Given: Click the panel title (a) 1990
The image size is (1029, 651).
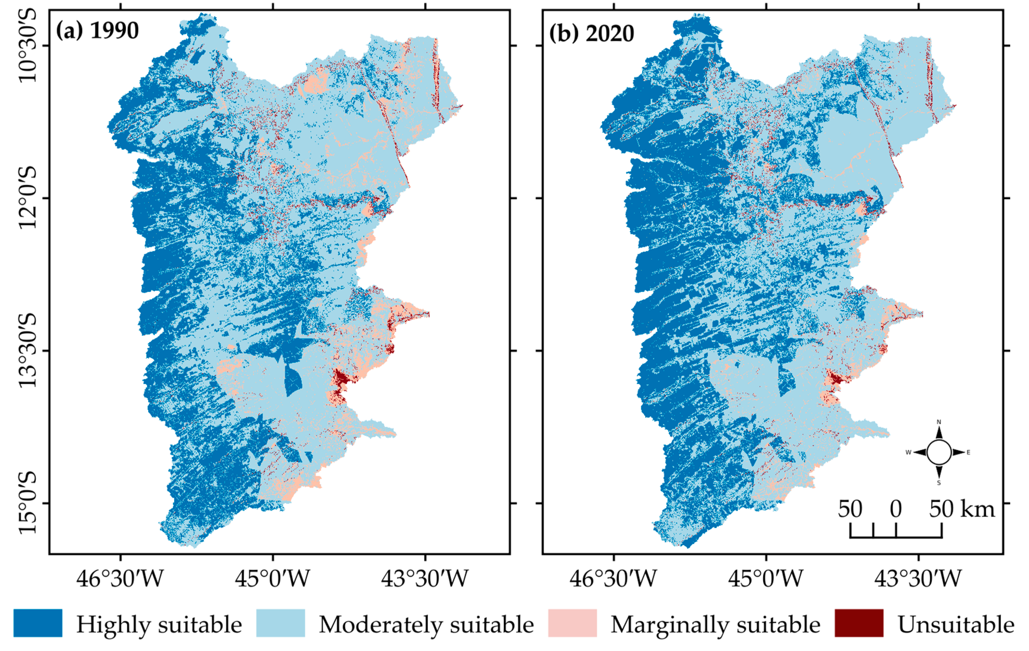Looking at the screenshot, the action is click(x=98, y=31).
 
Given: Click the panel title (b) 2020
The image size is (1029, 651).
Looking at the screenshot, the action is click(x=592, y=33).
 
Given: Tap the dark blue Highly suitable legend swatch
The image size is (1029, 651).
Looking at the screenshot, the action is click(x=38, y=623).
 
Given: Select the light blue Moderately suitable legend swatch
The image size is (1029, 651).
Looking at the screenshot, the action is click(x=280, y=623).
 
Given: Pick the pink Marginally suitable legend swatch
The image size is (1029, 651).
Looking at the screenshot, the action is click(x=572, y=623).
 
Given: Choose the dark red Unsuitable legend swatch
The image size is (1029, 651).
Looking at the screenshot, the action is click(x=859, y=623).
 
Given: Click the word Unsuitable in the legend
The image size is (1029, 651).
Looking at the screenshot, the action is click(x=956, y=624).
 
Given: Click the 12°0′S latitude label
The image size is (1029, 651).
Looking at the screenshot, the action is click(x=28, y=198).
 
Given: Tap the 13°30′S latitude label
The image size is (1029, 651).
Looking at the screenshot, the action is click(x=28, y=350).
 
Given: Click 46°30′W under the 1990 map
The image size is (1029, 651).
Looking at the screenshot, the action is click(x=120, y=579).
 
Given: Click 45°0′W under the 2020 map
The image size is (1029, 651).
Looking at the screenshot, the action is click(x=766, y=579).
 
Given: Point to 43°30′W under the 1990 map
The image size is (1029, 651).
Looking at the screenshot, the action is click(x=425, y=579).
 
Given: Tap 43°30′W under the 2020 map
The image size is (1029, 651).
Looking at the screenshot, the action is click(x=918, y=579).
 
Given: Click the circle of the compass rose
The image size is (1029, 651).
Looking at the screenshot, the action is click(x=939, y=452).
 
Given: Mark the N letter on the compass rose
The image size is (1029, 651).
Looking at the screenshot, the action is click(x=939, y=422).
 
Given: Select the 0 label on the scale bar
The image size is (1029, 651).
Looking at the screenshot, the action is click(x=896, y=509).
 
